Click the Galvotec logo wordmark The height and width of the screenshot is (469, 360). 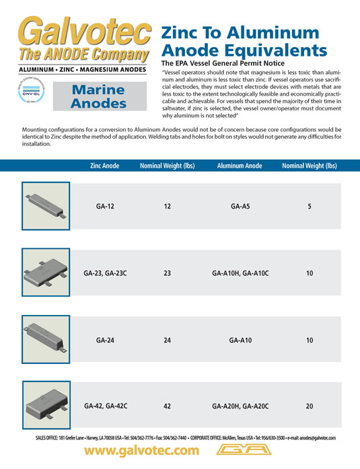click(x=84, y=32)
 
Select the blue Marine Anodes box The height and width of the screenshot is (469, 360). click(x=99, y=97)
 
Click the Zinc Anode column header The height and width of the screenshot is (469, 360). click(x=104, y=166)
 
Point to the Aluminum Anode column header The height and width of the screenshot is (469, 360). click(x=240, y=166)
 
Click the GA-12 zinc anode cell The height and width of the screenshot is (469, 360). click(x=105, y=207)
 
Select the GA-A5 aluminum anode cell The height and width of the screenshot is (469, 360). click(x=240, y=207)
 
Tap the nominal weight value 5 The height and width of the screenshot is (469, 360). click(x=309, y=207)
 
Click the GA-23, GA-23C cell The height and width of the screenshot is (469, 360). click(x=105, y=274)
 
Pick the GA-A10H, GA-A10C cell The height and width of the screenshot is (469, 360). click(x=240, y=274)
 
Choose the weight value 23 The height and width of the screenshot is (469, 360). click(x=167, y=274)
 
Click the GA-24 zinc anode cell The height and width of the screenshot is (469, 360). click(x=105, y=340)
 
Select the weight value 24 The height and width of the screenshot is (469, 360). click(x=167, y=340)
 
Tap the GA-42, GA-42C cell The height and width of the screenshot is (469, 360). click(x=105, y=406)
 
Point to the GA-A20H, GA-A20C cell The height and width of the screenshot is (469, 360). click(x=240, y=406)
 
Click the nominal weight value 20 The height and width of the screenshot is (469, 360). click(x=309, y=406)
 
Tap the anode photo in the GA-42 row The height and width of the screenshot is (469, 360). click(x=44, y=406)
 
